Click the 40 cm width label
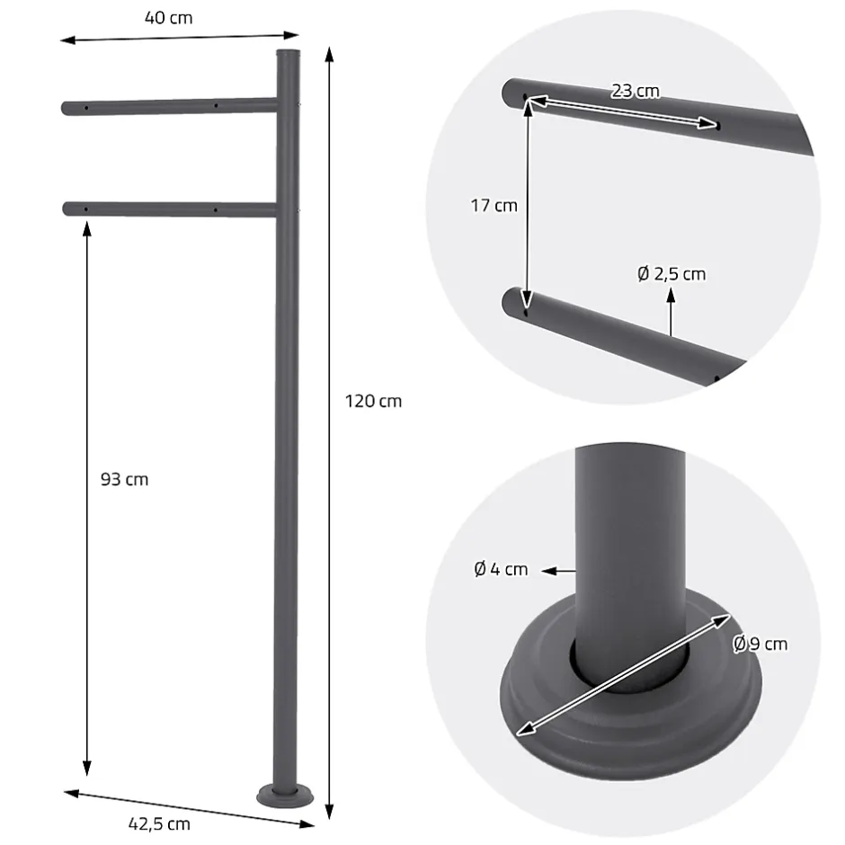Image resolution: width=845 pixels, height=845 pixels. [x=168, y=18]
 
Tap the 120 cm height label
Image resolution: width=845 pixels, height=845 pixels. [x=373, y=401]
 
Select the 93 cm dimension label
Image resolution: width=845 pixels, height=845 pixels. [x=124, y=479]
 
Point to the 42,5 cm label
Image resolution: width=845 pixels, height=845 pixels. [x=159, y=824]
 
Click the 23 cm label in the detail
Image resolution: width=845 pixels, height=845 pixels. [x=636, y=91]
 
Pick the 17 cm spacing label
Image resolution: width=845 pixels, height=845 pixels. [x=494, y=205]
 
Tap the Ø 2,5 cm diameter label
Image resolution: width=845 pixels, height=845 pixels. [x=672, y=274]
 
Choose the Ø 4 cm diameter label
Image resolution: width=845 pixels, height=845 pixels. [x=502, y=569]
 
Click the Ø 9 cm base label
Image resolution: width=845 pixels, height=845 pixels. [x=760, y=644]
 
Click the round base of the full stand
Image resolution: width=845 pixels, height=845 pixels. [x=285, y=796]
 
